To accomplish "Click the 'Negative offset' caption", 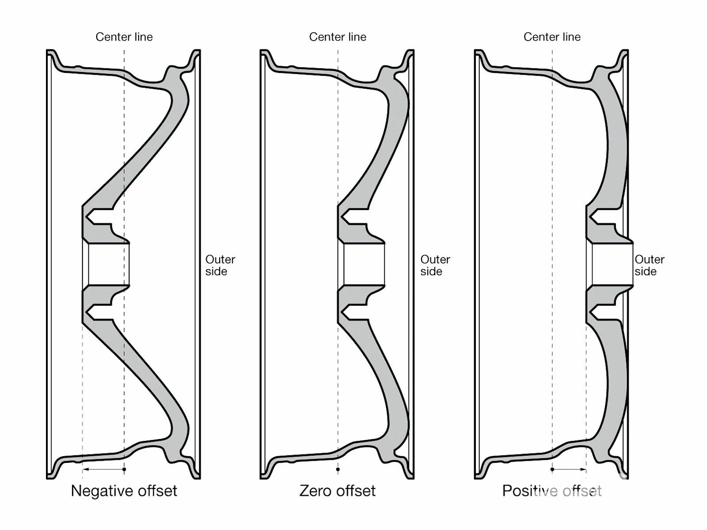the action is click(124, 491).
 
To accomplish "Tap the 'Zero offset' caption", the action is click(338, 491).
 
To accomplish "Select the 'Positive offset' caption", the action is click(552, 491).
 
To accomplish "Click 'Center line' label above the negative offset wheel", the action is click(124, 37).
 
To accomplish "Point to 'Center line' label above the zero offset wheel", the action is click(338, 37).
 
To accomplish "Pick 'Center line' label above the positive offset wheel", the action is click(552, 37).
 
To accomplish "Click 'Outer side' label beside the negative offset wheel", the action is click(220, 265).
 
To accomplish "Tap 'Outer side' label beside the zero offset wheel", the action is click(435, 265).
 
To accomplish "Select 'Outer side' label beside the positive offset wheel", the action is click(649, 265).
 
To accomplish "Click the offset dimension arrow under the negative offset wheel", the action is click(103, 469).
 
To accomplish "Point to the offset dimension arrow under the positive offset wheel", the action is click(569, 469).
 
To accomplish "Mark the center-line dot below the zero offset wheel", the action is click(338, 469).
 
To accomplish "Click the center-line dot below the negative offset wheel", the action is click(124, 469).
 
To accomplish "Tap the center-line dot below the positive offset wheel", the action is click(552, 469).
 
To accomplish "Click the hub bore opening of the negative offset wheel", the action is click(108, 264).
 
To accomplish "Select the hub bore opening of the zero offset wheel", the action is click(364, 264).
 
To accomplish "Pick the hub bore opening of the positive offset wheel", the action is click(612, 264).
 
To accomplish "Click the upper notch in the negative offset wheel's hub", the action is click(98, 218).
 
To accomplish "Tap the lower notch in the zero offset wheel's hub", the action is click(353, 312).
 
